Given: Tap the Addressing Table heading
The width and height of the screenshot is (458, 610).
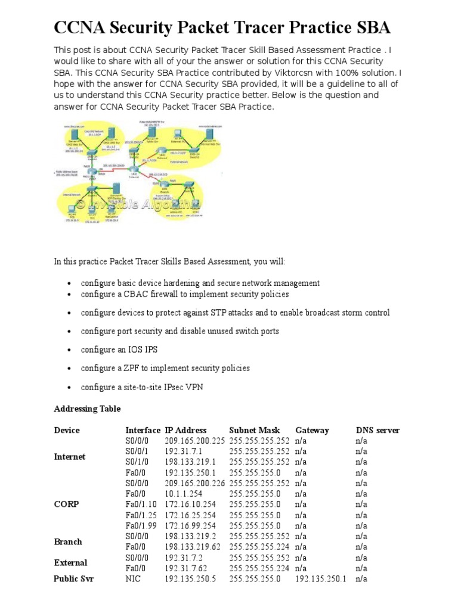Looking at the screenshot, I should pyautogui.click(x=87, y=409).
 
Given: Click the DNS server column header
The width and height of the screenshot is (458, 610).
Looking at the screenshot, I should pyautogui.click(x=377, y=430).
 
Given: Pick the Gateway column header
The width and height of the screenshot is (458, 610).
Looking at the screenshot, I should pyautogui.click(x=312, y=430).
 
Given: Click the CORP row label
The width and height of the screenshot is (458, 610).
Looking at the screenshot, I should pyautogui.click(x=66, y=504).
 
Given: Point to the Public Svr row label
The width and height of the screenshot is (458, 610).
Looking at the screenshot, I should pyautogui.click(x=73, y=578).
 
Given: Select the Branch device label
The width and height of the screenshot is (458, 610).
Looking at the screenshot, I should pyautogui.click(x=68, y=541).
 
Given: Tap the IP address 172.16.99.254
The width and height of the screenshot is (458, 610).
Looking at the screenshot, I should pyautogui.click(x=190, y=526).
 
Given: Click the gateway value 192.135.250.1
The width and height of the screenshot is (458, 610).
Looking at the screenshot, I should pyautogui.click(x=320, y=579).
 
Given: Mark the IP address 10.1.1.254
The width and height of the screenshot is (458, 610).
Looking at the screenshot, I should pyautogui.click(x=184, y=494).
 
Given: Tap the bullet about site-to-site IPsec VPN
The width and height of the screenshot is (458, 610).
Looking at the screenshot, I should pyautogui.click(x=142, y=387).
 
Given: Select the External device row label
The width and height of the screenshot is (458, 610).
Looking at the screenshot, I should pyautogui.click(x=70, y=563).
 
